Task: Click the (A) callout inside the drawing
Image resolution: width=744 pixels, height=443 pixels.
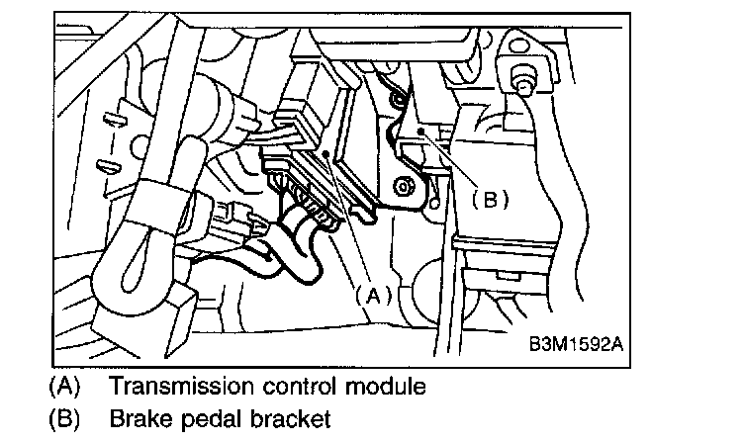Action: pos(374,296)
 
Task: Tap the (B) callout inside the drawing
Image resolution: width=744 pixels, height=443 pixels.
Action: pos(490,199)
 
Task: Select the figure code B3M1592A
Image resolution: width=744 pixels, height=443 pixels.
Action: pos(576,344)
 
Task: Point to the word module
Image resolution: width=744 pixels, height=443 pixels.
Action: pos(385,386)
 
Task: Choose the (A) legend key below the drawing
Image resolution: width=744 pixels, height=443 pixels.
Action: pos(65,386)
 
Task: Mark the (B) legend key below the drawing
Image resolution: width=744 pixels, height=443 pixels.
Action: pos(65,419)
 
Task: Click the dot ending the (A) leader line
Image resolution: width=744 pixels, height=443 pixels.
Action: pos(325,154)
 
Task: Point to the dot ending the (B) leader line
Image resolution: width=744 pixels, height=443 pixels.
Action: pos(420,131)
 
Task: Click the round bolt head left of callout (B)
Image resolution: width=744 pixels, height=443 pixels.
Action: pos(404,187)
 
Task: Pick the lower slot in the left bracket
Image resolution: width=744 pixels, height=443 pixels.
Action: pos(108,166)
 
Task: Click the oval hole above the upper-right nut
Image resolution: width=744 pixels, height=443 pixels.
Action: pos(517,46)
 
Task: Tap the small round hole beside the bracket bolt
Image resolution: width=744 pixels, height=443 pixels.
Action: pos(434,204)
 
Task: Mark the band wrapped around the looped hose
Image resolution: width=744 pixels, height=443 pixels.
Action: pos(160,208)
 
